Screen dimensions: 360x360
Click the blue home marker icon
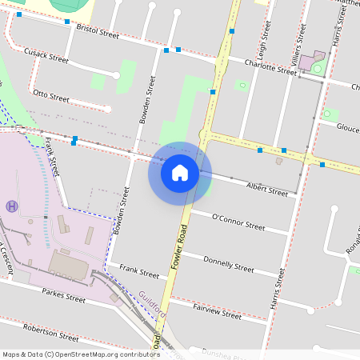180,173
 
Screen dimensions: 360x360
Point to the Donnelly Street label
229,263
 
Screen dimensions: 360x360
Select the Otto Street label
51,96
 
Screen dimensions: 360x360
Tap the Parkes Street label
63,298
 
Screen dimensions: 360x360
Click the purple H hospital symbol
11,206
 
